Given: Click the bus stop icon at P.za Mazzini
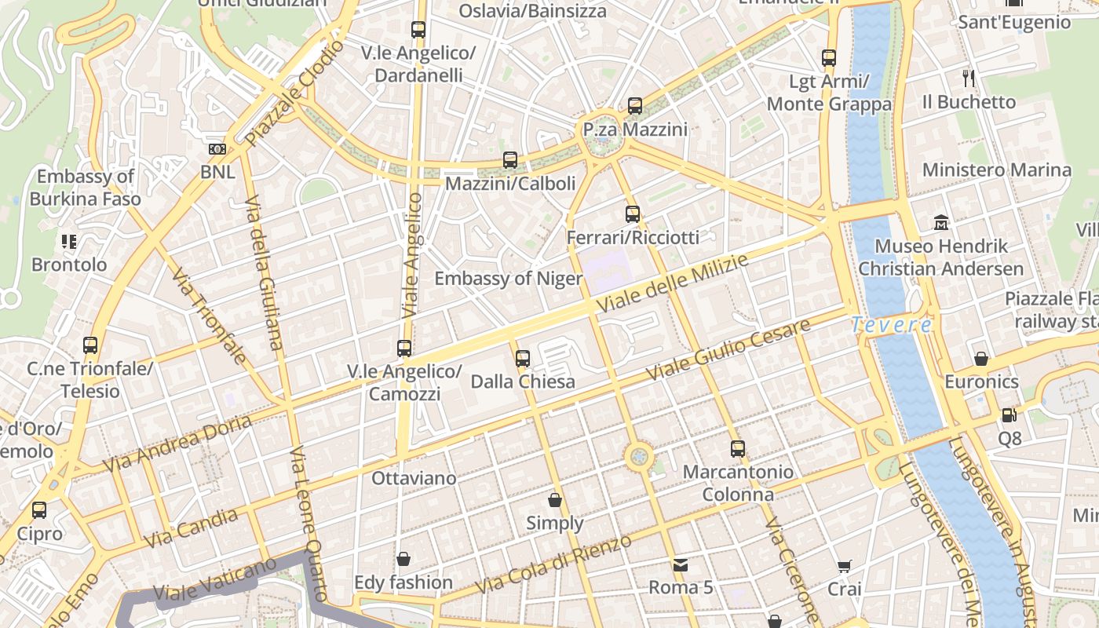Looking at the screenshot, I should pyautogui.click(x=635, y=105).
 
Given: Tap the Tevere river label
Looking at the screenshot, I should pyautogui.click(x=892, y=324).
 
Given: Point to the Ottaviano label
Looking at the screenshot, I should pyautogui.click(x=414, y=478).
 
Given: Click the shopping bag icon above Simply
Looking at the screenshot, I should pyautogui.click(x=555, y=500).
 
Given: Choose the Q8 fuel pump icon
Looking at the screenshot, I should pyautogui.click(x=1009, y=415).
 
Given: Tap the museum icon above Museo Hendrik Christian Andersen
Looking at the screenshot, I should pyautogui.click(x=941, y=223).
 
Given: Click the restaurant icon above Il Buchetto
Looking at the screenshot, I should pyautogui.click(x=969, y=78).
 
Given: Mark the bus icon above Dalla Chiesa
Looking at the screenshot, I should pyautogui.click(x=523, y=359).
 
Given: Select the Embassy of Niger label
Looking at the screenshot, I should pyautogui.click(x=509, y=279).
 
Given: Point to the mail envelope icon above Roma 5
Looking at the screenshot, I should pyautogui.click(x=680, y=564).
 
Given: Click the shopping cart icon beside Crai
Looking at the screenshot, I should pyautogui.click(x=845, y=566).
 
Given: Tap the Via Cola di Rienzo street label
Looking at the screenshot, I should pyautogui.click(x=553, y=564).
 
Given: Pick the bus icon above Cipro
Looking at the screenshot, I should pyautogui.click(x=39, y=510).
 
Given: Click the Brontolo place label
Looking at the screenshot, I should pyautogui.click(x=69, y=265).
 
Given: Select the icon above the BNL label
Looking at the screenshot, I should pyautogui.click(x=217, y=149).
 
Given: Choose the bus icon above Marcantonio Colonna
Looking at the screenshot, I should pyautogui.click(x=738, y=449).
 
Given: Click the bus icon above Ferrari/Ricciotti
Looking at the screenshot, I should pyautogui.click(x=633, y=214).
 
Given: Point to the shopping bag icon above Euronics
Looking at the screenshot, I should pyautogui.click(x=981, y=359).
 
